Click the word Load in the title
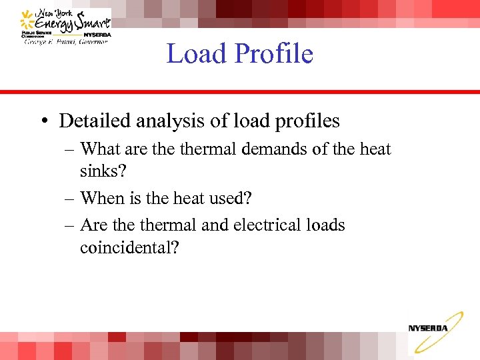click(193, 53)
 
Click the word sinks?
click(103, 171)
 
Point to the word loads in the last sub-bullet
click(323, 225)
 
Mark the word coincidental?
click(129, 247)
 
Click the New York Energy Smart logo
click(65, 27)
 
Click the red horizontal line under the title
click(240, 92)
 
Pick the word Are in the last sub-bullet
click(93, 225)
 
